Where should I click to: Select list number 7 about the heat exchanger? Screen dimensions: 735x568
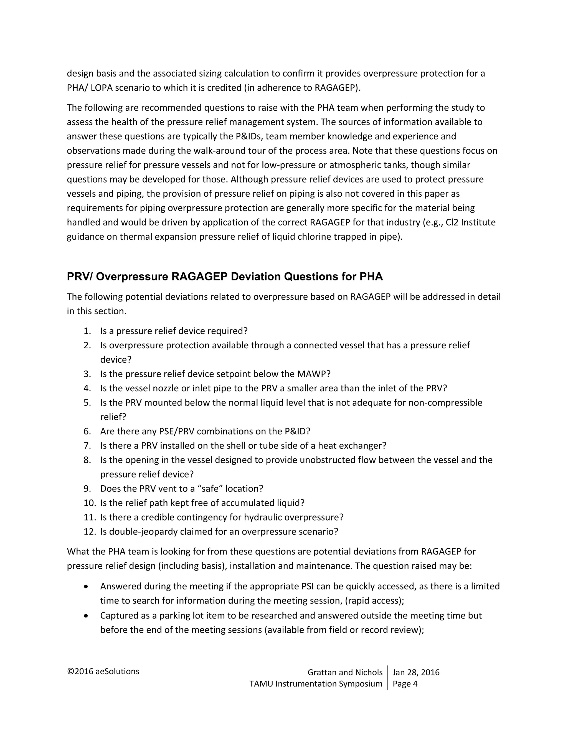[x=87, y=446]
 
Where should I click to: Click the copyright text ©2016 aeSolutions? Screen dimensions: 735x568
[x=103, y=671]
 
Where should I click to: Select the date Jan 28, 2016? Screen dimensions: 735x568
[x=416, y=672]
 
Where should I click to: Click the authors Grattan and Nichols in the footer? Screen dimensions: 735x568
[x=345, y=672]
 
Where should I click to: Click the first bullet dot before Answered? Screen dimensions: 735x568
[x=87, y=587]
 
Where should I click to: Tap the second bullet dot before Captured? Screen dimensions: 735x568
[x=87, y=615]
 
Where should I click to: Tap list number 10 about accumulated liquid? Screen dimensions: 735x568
[x=90, y=503]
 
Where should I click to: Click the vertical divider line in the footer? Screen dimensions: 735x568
[x=388, y=678]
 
